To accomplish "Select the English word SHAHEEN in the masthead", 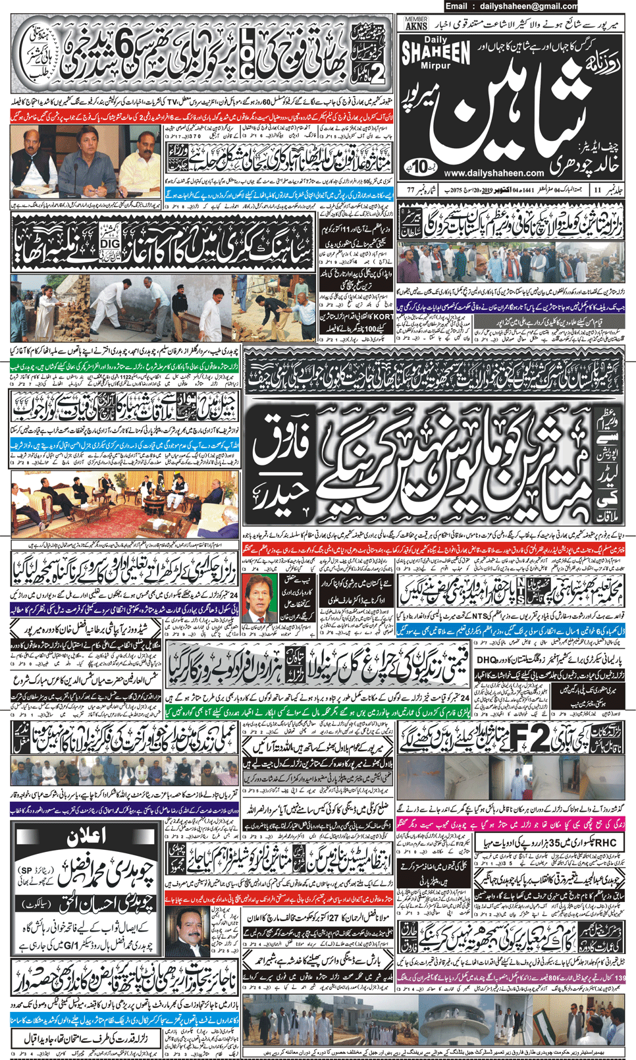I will point(435,53).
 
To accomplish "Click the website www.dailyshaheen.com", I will point(493,173).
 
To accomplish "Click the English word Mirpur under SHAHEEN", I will point(435,66).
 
